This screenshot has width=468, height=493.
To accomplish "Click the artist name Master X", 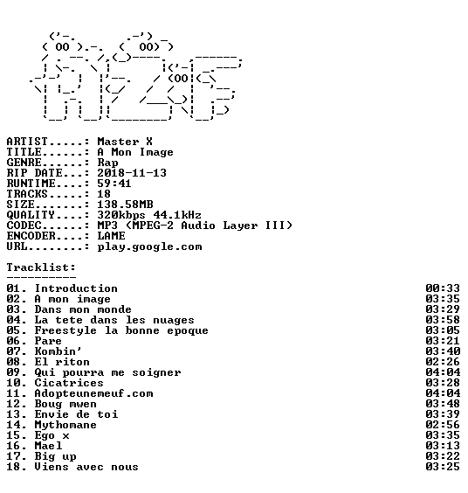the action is (x=125, y=142).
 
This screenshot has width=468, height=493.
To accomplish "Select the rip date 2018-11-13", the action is (x=132, y=173).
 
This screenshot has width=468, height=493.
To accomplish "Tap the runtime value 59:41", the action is (x=114, y=184).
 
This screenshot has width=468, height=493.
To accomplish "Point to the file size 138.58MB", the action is (x=125, y=205).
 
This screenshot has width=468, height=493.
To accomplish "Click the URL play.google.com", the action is (x=149, y=246).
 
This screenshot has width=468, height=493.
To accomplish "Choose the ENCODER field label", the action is (x=31, y=236).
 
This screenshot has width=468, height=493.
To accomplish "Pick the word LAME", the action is (x=111, y=236).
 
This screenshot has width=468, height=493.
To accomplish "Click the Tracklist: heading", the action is (x=41, y=267).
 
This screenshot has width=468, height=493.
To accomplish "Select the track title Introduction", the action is (x=76, y=288).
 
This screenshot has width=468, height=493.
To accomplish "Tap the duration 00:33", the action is (x=443, y=288).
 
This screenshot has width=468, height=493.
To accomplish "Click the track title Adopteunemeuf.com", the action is (x=93, y=393).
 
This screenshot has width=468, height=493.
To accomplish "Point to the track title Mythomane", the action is (x=65, y=425).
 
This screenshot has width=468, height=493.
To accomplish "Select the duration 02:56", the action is (x=443, y=425).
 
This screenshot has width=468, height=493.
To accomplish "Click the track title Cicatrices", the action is (x=69, y=383).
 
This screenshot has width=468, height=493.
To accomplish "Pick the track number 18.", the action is (x=13, y=467).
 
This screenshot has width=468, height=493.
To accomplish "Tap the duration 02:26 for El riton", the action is (x=443, y=362).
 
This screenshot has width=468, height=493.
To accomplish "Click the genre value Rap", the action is (x=107, y=163).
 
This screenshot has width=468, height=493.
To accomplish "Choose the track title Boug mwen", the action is (x=65, y=404).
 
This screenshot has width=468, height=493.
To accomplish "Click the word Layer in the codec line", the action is (x=240, y=226).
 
